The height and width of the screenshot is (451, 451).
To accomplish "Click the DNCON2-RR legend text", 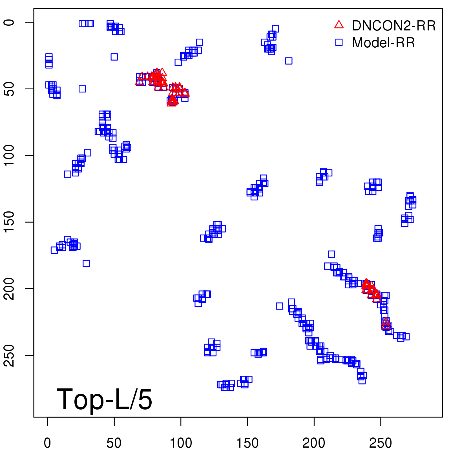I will (393, 26).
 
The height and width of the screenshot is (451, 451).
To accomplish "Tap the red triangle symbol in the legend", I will (339, 25).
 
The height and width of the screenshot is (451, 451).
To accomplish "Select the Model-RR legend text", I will (383, 43).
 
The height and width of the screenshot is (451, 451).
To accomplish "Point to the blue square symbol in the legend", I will (339, 42).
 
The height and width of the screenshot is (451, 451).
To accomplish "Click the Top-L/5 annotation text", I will (104, 399).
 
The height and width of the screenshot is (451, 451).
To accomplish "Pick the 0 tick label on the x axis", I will (48, 443).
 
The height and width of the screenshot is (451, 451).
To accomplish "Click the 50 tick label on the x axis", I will (114, 443).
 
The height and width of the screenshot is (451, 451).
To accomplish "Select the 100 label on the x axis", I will (181, 443).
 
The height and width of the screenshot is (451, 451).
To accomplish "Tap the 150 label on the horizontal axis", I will (247, 443).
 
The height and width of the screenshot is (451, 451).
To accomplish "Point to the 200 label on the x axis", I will (314, 443).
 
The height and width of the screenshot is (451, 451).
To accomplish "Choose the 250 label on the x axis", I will (381, 443).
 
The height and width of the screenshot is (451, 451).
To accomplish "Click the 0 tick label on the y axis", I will (10, 22).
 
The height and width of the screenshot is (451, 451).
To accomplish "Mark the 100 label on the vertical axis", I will (10, 155).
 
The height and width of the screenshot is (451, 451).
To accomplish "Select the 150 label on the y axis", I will (10, 222).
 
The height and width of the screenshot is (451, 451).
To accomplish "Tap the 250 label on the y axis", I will (10, 355).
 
